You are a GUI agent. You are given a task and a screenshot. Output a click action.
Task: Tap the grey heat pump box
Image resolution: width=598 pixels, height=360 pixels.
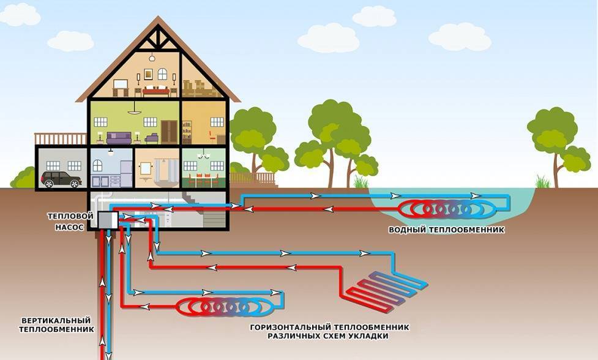107,219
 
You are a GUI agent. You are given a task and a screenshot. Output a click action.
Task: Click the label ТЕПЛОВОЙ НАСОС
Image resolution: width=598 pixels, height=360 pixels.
71,221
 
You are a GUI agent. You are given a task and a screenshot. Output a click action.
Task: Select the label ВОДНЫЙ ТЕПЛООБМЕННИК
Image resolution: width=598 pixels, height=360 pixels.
446,230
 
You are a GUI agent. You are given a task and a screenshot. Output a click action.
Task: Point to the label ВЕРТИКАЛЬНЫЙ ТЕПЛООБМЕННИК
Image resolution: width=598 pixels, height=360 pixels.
56,324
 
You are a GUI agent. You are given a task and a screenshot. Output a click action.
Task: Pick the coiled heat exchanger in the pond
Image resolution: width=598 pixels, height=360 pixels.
446,209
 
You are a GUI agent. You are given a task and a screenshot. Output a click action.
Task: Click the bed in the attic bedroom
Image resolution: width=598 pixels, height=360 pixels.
157,91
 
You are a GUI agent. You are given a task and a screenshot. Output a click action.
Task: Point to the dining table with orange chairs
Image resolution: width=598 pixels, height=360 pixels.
203,179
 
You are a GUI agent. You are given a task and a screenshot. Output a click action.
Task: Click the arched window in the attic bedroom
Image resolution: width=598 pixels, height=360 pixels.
162,74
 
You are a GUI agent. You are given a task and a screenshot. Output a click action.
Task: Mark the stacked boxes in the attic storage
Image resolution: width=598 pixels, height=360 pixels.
197,88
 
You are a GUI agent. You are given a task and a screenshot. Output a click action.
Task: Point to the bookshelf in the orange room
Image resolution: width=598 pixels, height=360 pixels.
187,131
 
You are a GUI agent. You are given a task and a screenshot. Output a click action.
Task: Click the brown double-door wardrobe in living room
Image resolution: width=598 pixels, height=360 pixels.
170,130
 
